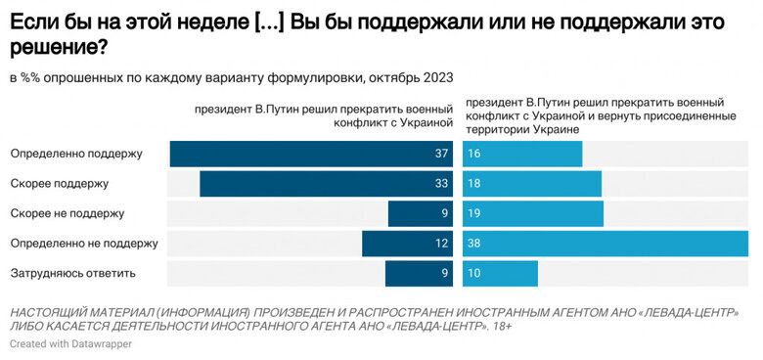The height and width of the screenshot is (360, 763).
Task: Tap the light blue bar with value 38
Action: click(606, 243)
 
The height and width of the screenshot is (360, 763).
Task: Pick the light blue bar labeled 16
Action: click(522, 154)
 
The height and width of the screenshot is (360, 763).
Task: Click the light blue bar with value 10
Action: click(500, 273)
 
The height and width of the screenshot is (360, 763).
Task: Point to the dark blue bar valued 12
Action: click(407, 243)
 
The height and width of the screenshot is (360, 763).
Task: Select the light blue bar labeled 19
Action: click(532, 213)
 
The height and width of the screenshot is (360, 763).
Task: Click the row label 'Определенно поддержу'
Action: click(76, 154)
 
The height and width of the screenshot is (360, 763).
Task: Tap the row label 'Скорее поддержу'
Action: click(59, 183)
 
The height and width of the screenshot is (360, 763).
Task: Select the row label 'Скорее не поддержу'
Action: click(67, 213)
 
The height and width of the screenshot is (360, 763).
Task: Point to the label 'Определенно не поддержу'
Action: click(84, 243)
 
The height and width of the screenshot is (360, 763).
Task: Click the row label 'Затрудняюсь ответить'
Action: click(72, 273)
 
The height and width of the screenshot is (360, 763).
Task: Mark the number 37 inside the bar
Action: click(441, 154)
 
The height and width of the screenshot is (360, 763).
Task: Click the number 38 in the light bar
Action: click(474, 243)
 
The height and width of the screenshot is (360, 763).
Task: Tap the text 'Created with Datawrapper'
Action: click(70, 344)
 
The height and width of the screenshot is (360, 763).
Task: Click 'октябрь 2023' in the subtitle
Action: click(411, 76)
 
